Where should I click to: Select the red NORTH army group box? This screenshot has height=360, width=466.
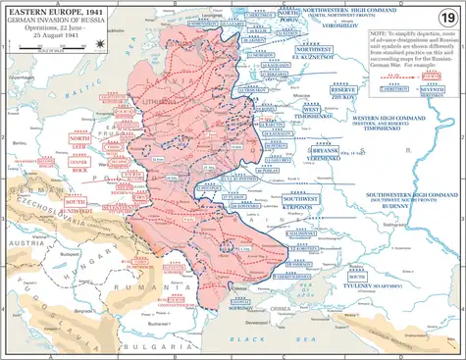click(x=80, y=140)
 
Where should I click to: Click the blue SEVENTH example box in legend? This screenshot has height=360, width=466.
click(x=430, y=90)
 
